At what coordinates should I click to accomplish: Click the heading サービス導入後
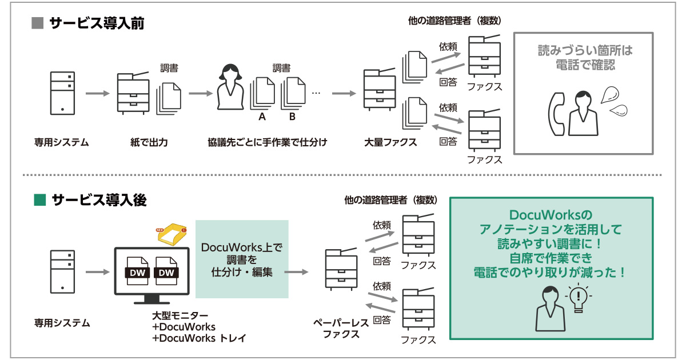pyautogui.click(x=98, y=200)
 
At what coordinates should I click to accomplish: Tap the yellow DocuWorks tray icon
pyautogui.click(x=171, y=234)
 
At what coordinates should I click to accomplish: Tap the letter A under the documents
pyautogui.click(x=262, y=117)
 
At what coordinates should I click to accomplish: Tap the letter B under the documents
pyautogui.click(x=292, y=117)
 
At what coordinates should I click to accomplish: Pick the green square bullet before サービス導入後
pyautogui.click(x=39, y=200)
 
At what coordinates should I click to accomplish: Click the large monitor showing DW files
pyautogui.click(x=153, y=273)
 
